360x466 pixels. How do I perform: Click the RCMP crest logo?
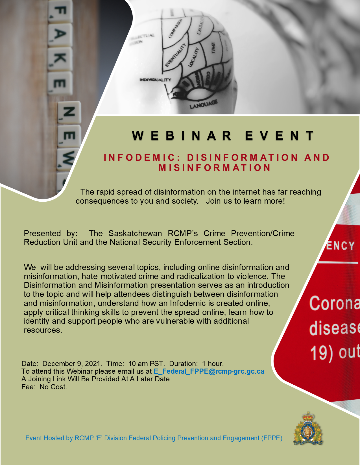(x=308, y=429)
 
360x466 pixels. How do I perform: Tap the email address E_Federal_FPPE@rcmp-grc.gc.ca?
(x=209, y=371)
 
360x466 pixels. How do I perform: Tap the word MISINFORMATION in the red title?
(x=215, y=168)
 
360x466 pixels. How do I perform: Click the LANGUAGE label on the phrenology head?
(x=203, y=104)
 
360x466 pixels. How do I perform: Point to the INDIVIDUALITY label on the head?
(x=155, y=80)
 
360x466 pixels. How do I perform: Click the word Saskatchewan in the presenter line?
(x=135, y=233)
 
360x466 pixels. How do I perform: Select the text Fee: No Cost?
(x=44, y=387)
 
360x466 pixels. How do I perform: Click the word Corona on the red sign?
(x=335, y=304)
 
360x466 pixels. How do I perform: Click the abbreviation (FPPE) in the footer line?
(x=272, y=438)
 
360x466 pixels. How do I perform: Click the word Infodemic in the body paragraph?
(x=187, y=303)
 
